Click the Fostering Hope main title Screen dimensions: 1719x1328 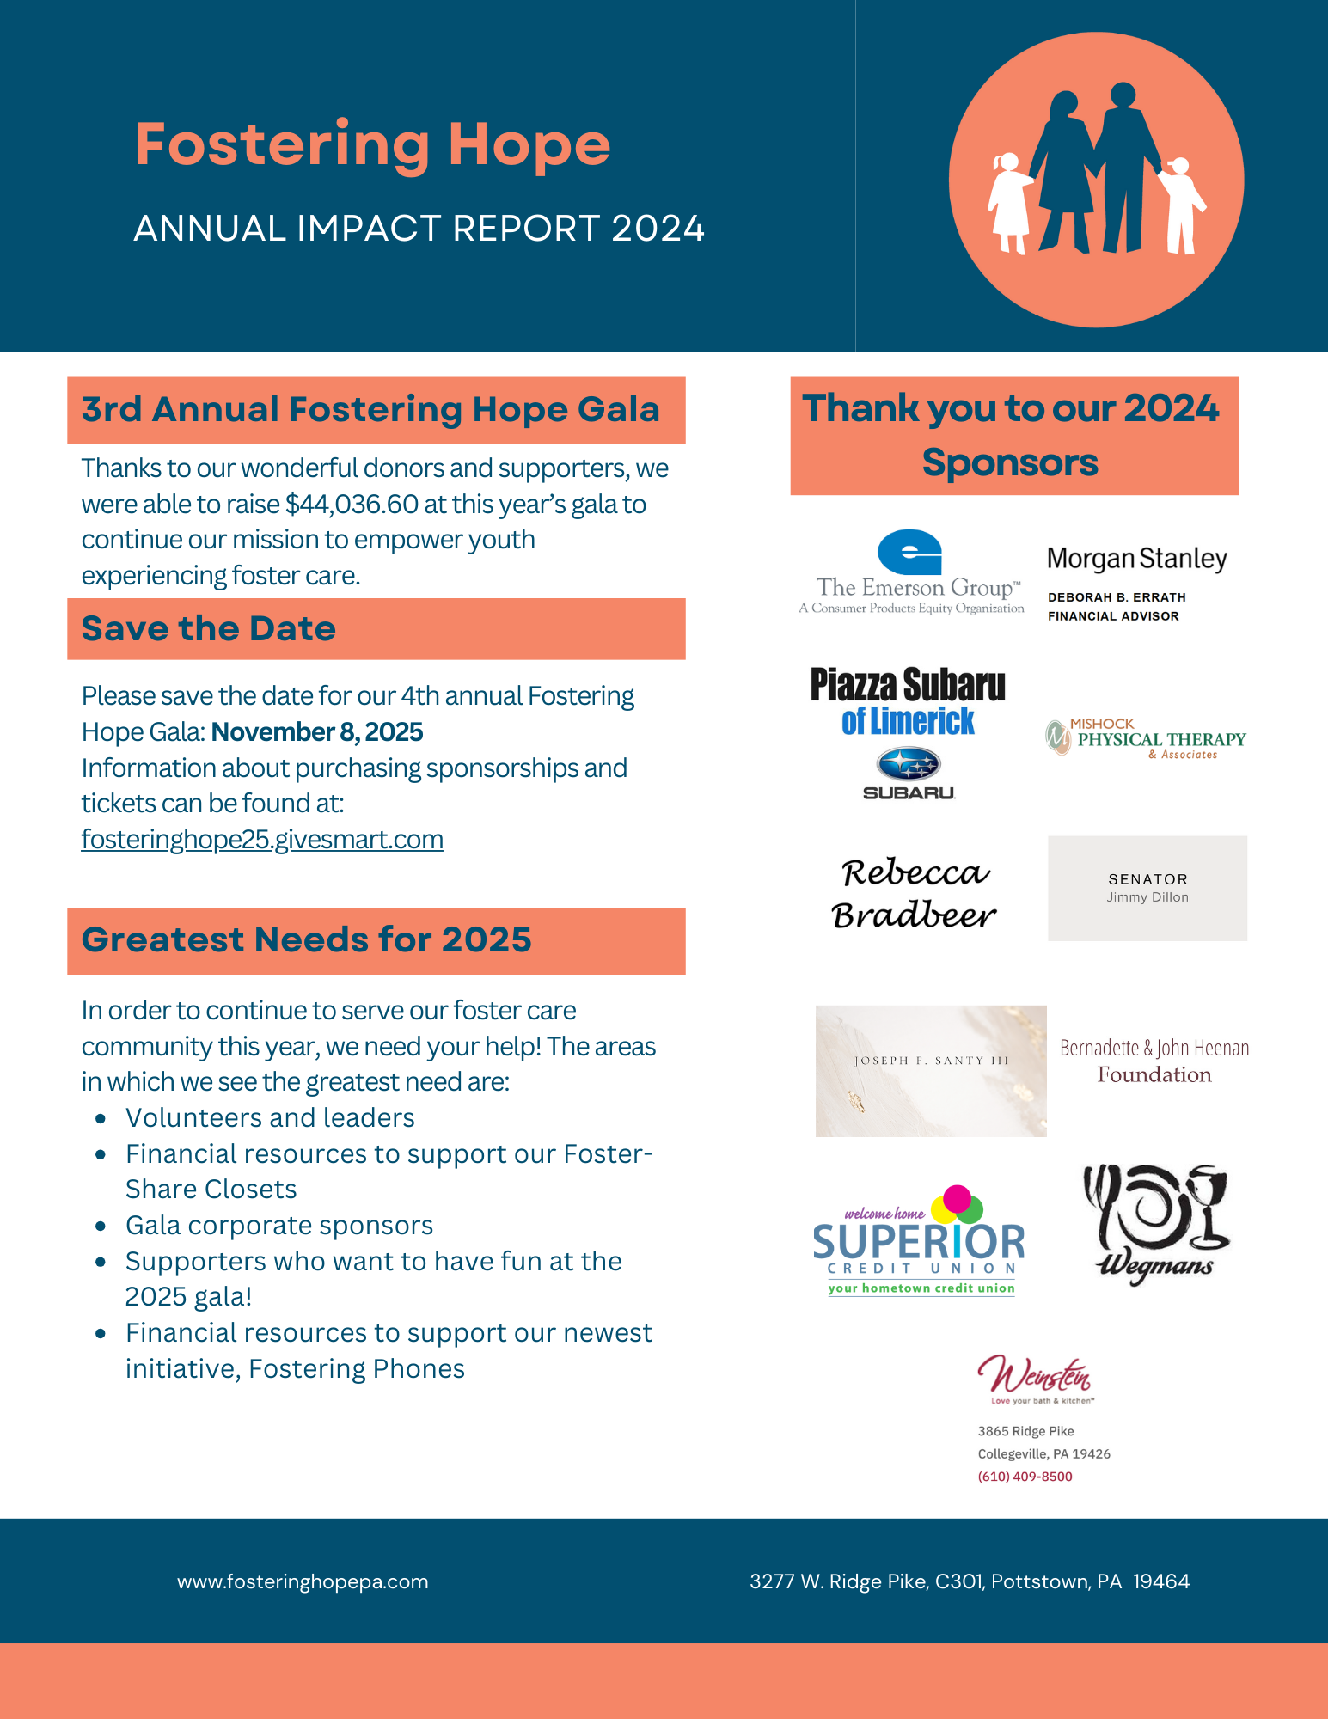tap(372, 144)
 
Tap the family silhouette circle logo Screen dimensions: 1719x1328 tap(1096, 180)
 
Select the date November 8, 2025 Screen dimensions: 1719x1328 tap(317, 731)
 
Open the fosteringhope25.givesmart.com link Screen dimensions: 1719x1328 tap(262, 839)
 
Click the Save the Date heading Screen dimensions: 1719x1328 tap(209, 629)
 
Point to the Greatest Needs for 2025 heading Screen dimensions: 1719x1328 tap(307, 939)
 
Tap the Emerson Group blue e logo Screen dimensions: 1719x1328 tap(909, 552)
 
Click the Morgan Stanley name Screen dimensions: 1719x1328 tap(1136, 559)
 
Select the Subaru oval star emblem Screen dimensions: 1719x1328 tap(909, 763)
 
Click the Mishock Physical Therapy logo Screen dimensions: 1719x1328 tap(1146, 738)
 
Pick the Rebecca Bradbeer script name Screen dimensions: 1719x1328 tap(914, 894)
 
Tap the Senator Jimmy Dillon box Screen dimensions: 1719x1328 tap(1147, 888)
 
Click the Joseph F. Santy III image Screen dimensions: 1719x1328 tap(931, 1071)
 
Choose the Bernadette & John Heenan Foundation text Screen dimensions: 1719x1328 tap(1154, 1061)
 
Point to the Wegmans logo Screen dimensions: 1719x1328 tap(1155, 1224)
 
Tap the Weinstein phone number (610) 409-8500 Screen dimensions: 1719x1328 tap(1025, 1477)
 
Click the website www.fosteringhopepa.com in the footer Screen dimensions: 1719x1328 tap(303, 1581)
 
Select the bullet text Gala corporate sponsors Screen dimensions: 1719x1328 tap(279, 1225)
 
